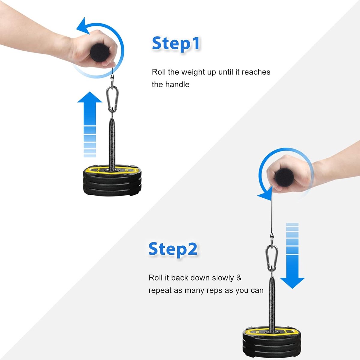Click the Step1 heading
pyautogui.click(x=176, y=43)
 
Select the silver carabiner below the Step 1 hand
pyautogui.click(x=112, y=99)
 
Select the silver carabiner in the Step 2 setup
pyautogui.click(x=271, y=259)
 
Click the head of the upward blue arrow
pyautogui.click(x=90, y=97)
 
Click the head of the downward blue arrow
pyautogui.click(x=292, y=283)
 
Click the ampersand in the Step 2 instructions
pyautogui.click(x=239, y=278)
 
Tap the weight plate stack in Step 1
pyautogui.click(x=112, y=180)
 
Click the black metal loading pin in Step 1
pyautogui.click(x=112, y=142)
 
